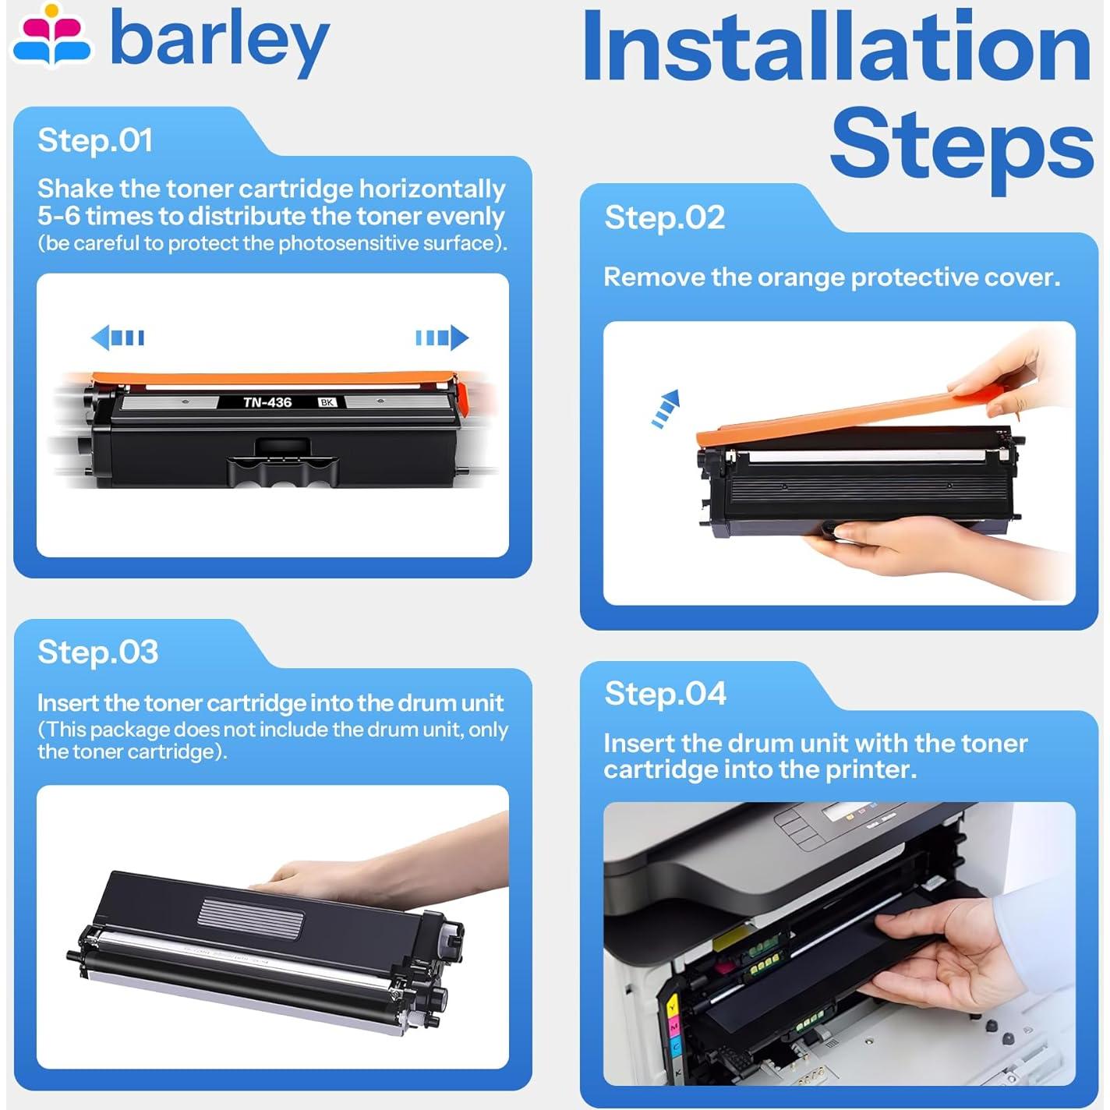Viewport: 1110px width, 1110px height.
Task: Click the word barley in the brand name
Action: (220, 43)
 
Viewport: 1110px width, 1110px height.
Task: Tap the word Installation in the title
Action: (837, 46)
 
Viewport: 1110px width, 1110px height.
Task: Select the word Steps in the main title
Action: (961, 147)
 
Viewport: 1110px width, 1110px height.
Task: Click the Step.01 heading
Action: (95, 140)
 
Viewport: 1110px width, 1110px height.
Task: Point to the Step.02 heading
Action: (664, 218)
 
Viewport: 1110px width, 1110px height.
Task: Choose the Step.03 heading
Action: (97, 652)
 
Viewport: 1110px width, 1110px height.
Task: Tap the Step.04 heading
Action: (666, 694)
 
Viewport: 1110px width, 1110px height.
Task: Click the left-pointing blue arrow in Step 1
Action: (118, 337)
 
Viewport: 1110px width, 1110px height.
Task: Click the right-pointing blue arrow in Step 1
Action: (442, 337)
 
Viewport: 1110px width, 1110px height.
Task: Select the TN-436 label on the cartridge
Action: (267, 402)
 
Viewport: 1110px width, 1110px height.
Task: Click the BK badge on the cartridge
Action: (327, 402)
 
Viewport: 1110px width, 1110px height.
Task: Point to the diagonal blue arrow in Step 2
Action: (666, 408)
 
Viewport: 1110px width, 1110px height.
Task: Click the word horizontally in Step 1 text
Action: (432, 189)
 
